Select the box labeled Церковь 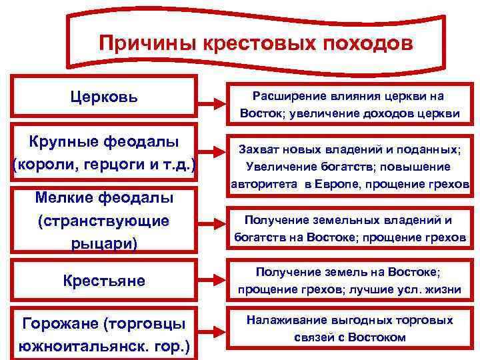(x=105, y=97)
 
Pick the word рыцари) (x=105, y=243)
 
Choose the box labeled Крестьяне (x=105, y=280)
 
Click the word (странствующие (x=105, y=220)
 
